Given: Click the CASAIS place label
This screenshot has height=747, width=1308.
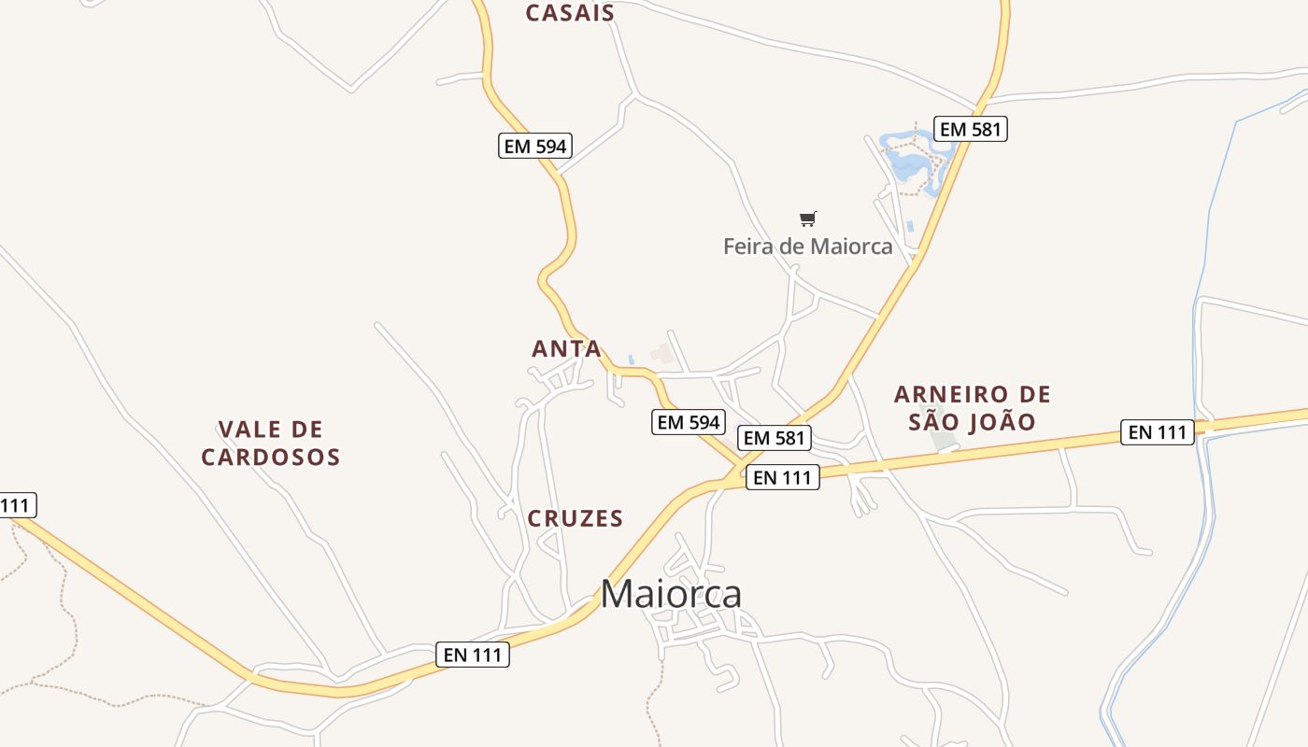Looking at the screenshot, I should point(570,13).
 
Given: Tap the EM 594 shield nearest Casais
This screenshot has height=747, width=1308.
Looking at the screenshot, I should point(534,146).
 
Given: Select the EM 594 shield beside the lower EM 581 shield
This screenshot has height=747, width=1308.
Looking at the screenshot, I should point(689,422).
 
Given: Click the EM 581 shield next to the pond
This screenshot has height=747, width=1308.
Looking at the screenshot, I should point(971,129).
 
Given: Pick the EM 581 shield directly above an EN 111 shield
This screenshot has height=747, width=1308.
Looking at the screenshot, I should point(775,437).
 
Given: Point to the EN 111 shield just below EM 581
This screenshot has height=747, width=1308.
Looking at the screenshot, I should point(783,477).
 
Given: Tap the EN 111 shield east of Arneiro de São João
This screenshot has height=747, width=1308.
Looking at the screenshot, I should point(1158,432).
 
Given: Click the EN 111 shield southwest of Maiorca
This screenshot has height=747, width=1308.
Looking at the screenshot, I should point(473,655).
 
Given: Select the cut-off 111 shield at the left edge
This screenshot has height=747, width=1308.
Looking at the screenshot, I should point(16,506).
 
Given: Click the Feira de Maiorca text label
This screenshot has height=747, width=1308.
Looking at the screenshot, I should point(808,247).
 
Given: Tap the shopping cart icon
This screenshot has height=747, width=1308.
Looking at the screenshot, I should point(808,218).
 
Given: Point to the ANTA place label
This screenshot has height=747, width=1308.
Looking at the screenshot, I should point(566,349).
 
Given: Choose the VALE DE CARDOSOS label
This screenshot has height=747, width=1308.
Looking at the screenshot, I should point(271,444).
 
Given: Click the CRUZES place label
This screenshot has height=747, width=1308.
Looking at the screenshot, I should point(575,519).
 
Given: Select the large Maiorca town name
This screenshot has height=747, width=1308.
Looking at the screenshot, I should point(671,594).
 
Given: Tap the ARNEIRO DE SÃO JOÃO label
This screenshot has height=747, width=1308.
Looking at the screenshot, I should point(972,408).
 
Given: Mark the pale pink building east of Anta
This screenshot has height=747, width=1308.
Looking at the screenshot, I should point(663,353).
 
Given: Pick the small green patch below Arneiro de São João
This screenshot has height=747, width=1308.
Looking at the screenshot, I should point(944,440).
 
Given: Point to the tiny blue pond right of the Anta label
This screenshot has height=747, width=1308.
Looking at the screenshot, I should point(632,359).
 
